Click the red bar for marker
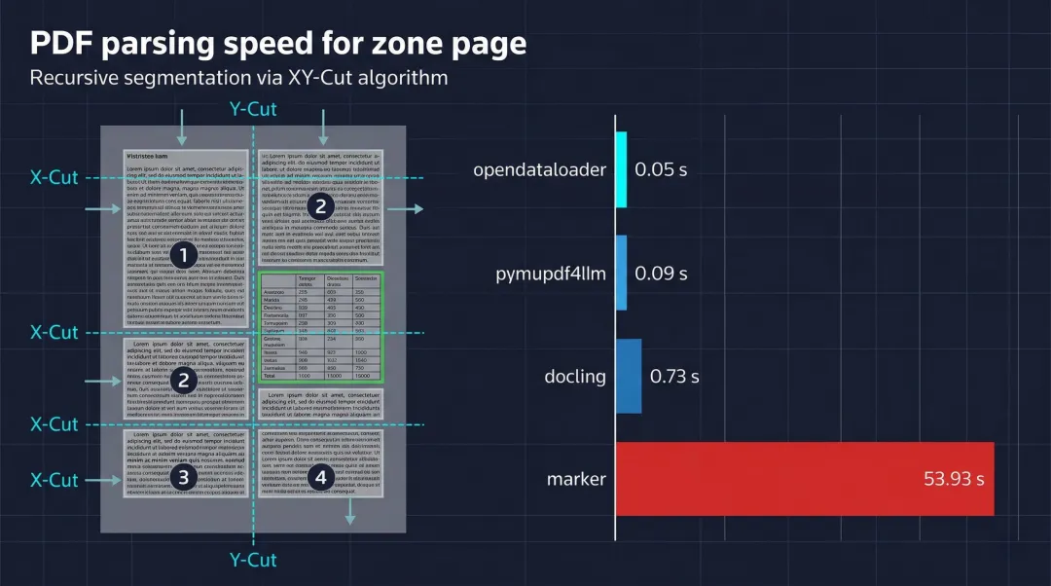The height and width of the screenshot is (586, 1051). [805, 479]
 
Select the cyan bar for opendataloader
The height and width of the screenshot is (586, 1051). [621, 169]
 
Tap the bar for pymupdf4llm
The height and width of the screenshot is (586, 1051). [621, 274]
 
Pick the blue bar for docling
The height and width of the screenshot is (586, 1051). [629, 376]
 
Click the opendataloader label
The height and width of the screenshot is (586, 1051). [539, 170]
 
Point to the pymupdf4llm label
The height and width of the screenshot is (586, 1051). [551, 274]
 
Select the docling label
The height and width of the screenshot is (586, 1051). [576, 376]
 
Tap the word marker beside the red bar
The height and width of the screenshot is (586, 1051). [576, 479]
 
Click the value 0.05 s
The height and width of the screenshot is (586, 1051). [661, 170]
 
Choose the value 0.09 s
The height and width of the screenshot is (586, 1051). [661, 274]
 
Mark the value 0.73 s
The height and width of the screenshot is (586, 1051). [674, 376]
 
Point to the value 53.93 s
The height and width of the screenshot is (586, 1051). [953, 479]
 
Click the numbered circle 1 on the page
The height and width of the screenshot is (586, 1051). [184, 256]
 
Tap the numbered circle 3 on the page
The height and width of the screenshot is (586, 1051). [184, 477]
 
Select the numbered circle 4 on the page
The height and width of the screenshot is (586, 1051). [321, 477]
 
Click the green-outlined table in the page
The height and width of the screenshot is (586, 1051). [321, 327]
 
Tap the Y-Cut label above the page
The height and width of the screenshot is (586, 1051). [253, 109]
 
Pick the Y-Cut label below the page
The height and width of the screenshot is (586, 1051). [253, 560]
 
